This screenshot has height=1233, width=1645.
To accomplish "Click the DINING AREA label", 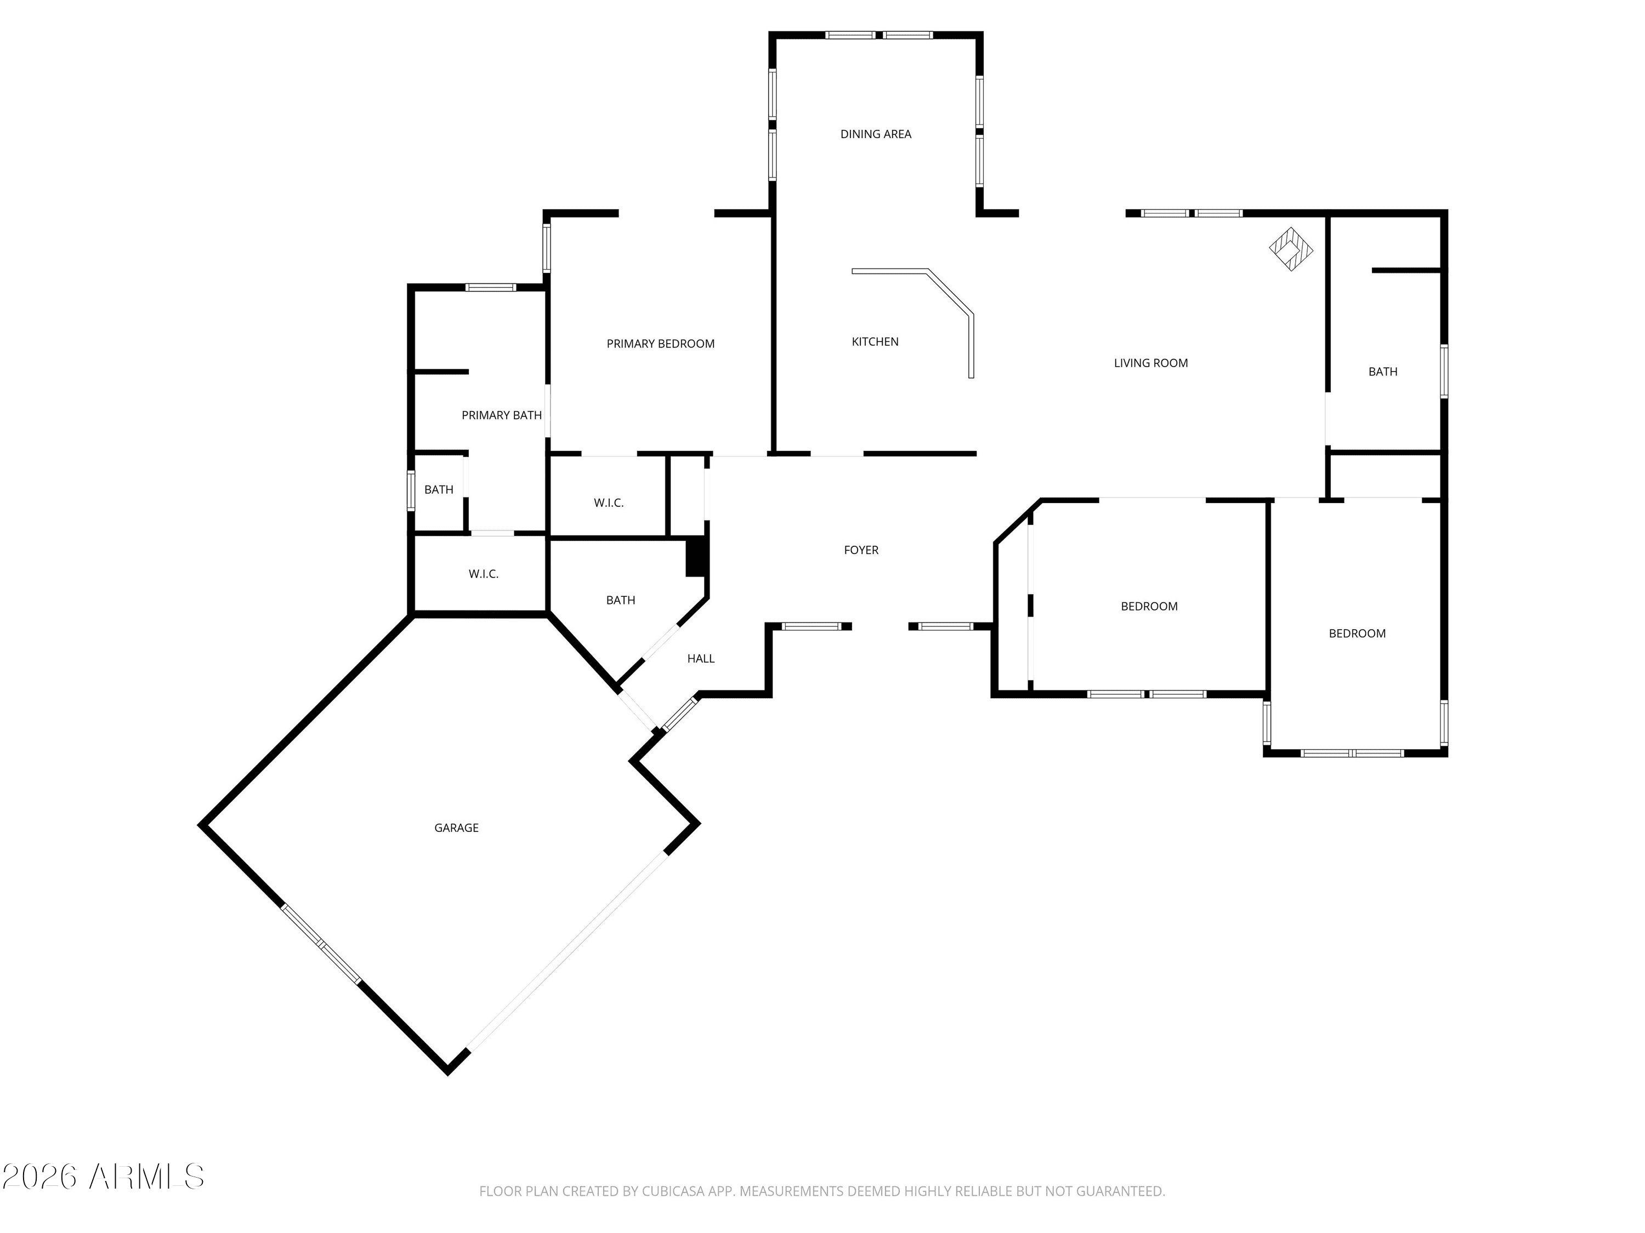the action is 875,134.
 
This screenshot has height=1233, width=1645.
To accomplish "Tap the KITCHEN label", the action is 875,342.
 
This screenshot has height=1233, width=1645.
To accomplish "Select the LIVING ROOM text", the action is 1150,363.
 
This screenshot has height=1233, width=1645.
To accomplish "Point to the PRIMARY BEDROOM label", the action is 660,344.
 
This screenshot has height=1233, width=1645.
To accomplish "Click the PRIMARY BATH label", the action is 501,415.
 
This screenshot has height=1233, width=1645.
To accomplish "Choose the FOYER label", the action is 861,551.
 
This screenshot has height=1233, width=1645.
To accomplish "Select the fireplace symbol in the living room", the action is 1290,249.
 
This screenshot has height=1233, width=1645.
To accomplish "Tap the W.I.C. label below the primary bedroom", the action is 608,503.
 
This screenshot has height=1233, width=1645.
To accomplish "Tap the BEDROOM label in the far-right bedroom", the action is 1357,634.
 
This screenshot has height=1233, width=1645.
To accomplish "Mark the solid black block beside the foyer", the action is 695,557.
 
